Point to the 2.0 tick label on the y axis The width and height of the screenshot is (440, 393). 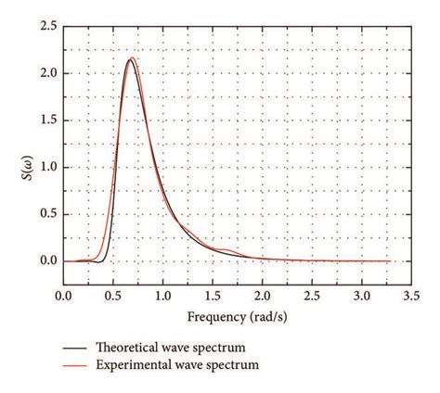tap(45, 73)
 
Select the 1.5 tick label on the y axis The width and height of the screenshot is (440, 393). tap(45, 120)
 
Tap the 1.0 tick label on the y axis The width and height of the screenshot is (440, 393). tap(45, 167)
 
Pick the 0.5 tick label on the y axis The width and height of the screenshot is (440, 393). tap(45, 214)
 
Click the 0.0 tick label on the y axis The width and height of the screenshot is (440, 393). tap(45, 261)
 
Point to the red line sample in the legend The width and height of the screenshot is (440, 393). tap(75, 365)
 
